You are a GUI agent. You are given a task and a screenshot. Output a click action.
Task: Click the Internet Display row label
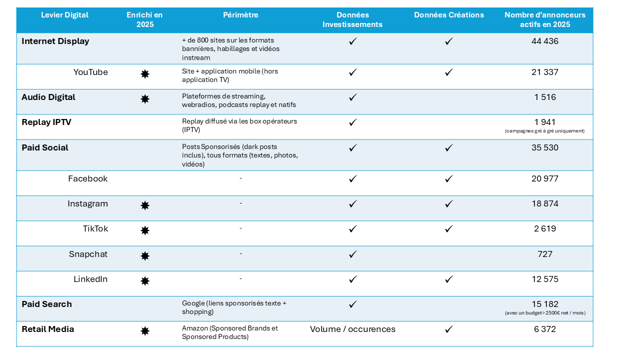pos(55,41)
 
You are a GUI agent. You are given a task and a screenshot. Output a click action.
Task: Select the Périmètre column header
pos(240,15)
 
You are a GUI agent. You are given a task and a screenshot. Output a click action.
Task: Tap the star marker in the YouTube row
pos(145,74)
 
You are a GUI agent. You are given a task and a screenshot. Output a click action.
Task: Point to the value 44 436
pos(544,41)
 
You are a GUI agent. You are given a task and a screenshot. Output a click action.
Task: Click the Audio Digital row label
pos(48,97)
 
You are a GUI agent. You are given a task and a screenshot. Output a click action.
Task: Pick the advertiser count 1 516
pos(544,97)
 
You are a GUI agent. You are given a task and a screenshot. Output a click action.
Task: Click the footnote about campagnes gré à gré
pos(544,131)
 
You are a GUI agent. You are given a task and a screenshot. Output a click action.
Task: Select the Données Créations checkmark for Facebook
pos(449,178)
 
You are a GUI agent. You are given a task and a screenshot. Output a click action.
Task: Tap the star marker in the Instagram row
pos(145,205)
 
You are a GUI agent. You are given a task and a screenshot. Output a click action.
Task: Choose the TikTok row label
pos(95,229)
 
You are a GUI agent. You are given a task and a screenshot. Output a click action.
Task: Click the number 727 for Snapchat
pos(544,254)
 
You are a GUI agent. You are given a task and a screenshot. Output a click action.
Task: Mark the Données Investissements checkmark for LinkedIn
pos(352,279)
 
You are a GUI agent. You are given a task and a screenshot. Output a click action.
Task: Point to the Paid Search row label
pos(46,304)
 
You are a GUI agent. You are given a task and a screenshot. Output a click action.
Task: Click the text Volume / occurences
pos(352,329)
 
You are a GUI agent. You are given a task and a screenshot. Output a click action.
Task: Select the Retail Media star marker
pos(145,331)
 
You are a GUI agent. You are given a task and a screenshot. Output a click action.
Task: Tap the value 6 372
pos(544,329)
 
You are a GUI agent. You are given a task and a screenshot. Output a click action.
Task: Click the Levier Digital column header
pos(64,15)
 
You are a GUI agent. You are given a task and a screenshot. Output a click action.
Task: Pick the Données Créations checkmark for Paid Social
pos(449,147)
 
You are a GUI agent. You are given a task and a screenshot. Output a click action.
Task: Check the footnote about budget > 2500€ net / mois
pos(544,313)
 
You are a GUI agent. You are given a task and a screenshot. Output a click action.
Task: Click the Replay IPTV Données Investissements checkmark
pos(352,122)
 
